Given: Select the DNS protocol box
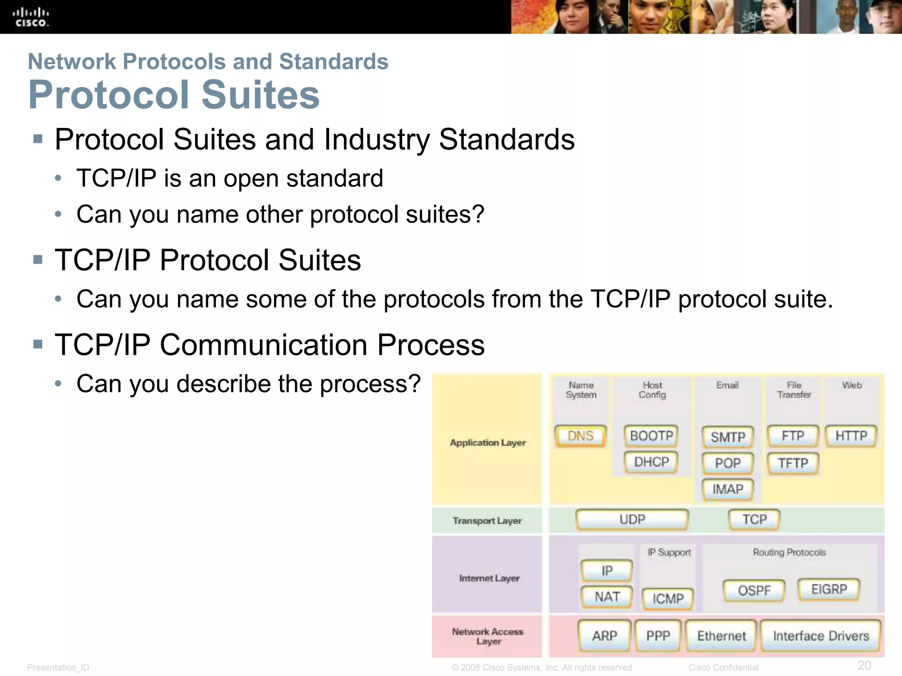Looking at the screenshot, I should pyautogui.click(x=580, y=436).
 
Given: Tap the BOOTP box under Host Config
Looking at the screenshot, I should pyautogui.click(x=651, y=436).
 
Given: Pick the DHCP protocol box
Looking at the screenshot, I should pyautogui.click(x=651, y=462).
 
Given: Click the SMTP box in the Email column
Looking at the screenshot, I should pyautogui.click(x=728, y=437).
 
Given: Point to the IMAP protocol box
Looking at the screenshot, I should pyautogui.click(x=728, y=489).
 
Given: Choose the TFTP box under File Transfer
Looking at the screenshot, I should pyautogui.click(x=793, y=463).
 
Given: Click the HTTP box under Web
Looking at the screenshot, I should pyautogui.click(x=851, y=436).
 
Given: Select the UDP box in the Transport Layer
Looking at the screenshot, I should pyautogui.click(x=632, y=520).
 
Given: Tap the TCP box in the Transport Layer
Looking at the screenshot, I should pyautogui.click(x=754, y=520).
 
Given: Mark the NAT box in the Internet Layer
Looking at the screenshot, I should pyautogui.click(x=607, y=597).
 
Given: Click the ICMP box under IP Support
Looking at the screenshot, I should pyautogui.click(x=668, y=599).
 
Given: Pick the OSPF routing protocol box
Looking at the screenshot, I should pyautogui.click(x=754, y=591).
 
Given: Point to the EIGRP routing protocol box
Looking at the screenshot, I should pyautogui.click(x=829, y=589).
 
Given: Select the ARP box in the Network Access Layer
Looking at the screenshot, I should pyautogui.click(x=604, y=636).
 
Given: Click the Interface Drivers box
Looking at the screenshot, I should pyautogui.click(x=821, y=636).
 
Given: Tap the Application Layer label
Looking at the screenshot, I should pyautogui.click(x=488, y=443).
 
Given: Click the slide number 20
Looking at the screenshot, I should pyautogui.click(x=864, y=665).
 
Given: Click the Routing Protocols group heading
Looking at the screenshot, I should pyautogui.click(x=789, y=552).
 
